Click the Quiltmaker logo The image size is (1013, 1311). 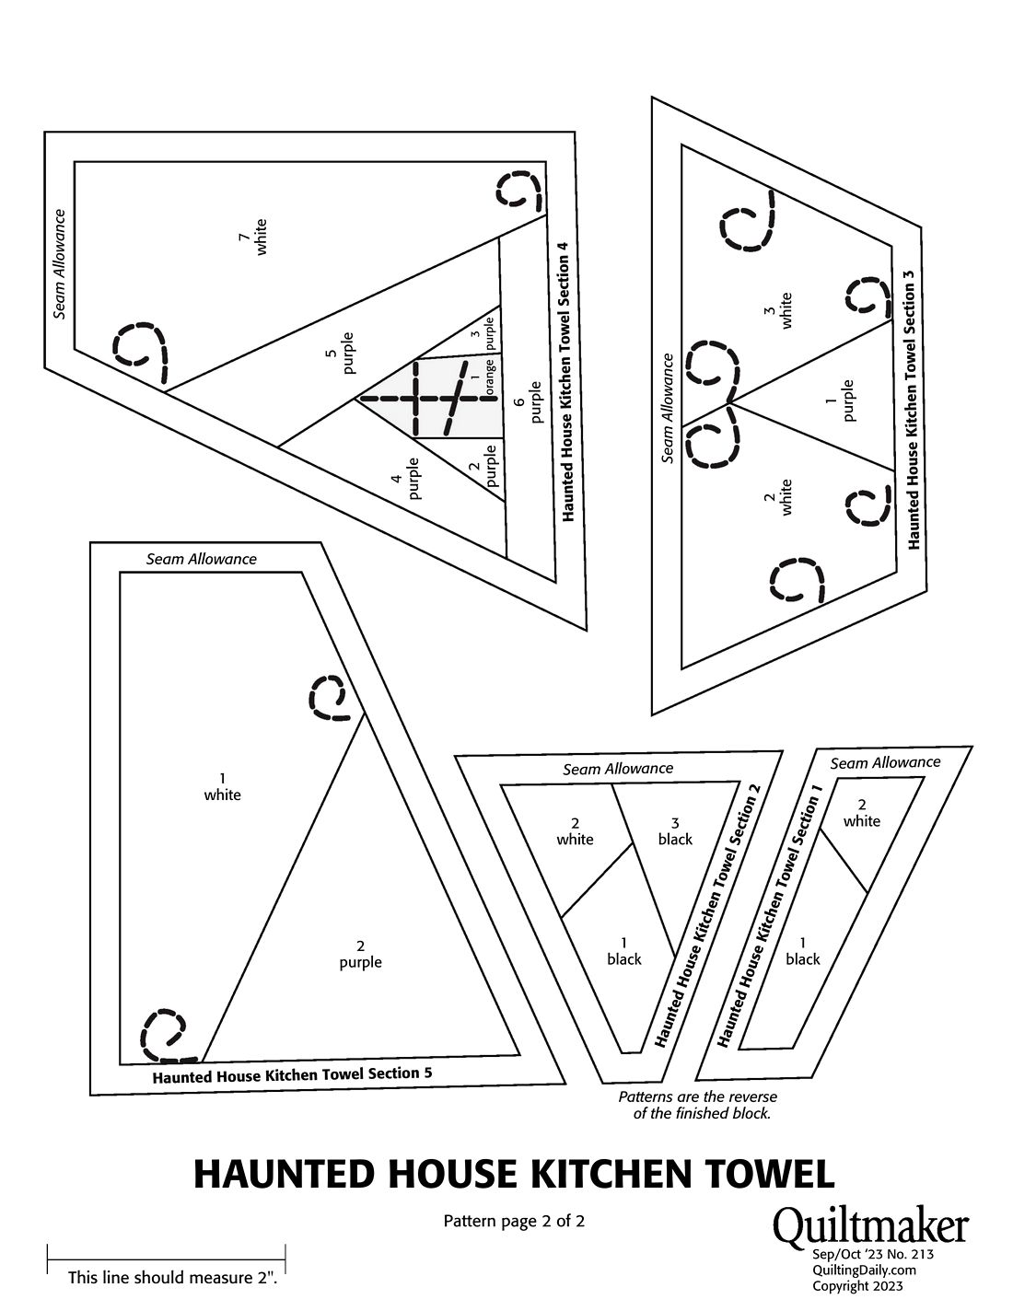click(870, 1224)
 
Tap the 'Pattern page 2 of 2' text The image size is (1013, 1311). click(514, 1221)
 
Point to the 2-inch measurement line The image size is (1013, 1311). click(166, 1259)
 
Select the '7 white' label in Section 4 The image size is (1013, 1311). click(253, 238)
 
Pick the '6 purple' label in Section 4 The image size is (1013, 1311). click(528, 401)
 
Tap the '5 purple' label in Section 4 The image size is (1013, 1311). click(340, 353)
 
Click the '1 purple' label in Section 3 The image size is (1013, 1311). click(839, 400)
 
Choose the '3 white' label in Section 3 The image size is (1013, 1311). click(777, 310)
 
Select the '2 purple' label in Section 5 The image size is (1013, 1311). click(360, 953)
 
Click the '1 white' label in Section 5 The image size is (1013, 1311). click(222, 787)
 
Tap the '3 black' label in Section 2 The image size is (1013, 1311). click(675, 831)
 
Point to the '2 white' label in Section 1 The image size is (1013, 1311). click(862, 813)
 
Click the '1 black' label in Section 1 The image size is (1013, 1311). click(802, 951)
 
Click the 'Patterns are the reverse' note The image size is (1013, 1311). click(697, 1096)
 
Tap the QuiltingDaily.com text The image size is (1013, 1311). click(864, 1270)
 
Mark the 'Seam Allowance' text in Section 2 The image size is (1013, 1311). click(618, 769)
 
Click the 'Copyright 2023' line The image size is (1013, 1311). click(857, 1285)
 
